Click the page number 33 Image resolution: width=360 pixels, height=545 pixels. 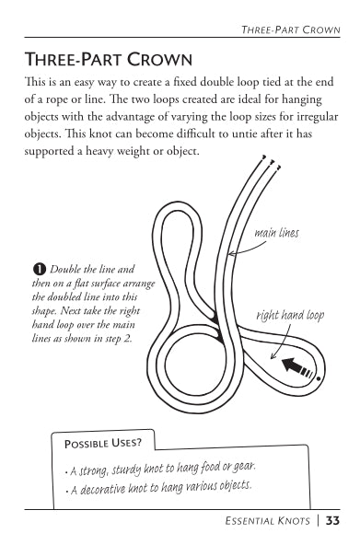click(x=332, y=521)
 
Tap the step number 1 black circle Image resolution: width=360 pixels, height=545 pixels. click(x=40, y=270)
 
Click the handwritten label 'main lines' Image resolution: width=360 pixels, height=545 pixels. click(x=276, y=233)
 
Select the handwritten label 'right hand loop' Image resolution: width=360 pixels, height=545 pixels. click(x=290, y=316)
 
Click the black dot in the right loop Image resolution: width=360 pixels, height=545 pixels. click(x=319, y=378)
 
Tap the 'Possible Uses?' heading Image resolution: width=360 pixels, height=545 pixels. click(x=103, y=443)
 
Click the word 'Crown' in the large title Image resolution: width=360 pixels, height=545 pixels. click(x=159, y=59)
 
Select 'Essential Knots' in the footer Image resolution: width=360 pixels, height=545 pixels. click(x=267, y=521)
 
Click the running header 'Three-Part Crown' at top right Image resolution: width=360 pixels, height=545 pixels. click(x=291, y=29)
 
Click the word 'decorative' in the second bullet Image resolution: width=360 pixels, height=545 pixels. click(x=102, y=489)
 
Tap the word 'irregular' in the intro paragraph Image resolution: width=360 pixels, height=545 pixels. click(x=318, y=116)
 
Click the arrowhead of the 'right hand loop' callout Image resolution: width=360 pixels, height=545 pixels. click(x=273, y=356)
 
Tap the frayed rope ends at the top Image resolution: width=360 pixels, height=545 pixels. click(x=272, y=162)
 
